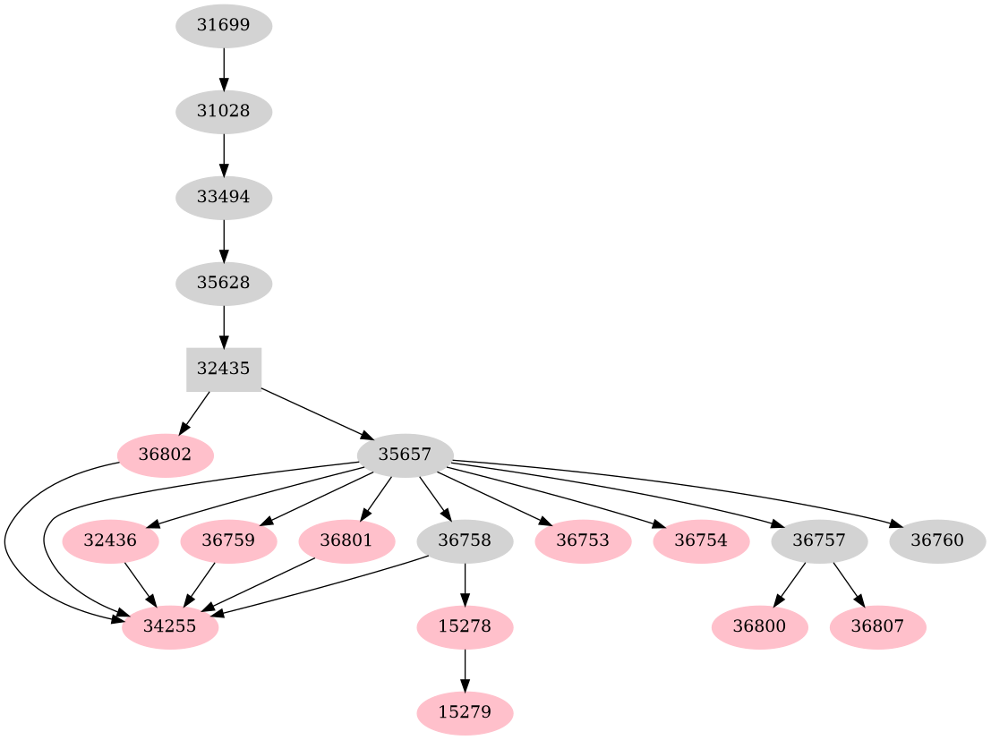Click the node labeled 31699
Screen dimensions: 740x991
click(x=223, y=26)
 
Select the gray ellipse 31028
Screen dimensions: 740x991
click(x=223, y=112)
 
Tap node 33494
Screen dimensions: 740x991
click(x=223, y=197)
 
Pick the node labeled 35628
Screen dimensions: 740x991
click(x=223, y=283)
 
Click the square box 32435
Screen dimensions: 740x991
click(x=223, y=369)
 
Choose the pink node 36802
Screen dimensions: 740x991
click(x=165, y=455)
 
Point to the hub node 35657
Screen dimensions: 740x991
click(x=405, y=455)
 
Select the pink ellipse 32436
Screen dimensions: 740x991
click(x=110, y=541)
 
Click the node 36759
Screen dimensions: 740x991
click(x=228, y=541)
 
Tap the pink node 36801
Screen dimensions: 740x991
click(x=346, y=541)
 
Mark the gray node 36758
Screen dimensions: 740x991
click(x=465, y=541)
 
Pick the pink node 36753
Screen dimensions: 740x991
click(x=583, y=541)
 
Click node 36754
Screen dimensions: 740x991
click(x=701, y=541)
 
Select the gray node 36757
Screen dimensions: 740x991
click(x=819, y=541)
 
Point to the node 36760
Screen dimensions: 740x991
click(x=937, y=541)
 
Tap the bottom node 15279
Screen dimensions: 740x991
click(x=465, y=713)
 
